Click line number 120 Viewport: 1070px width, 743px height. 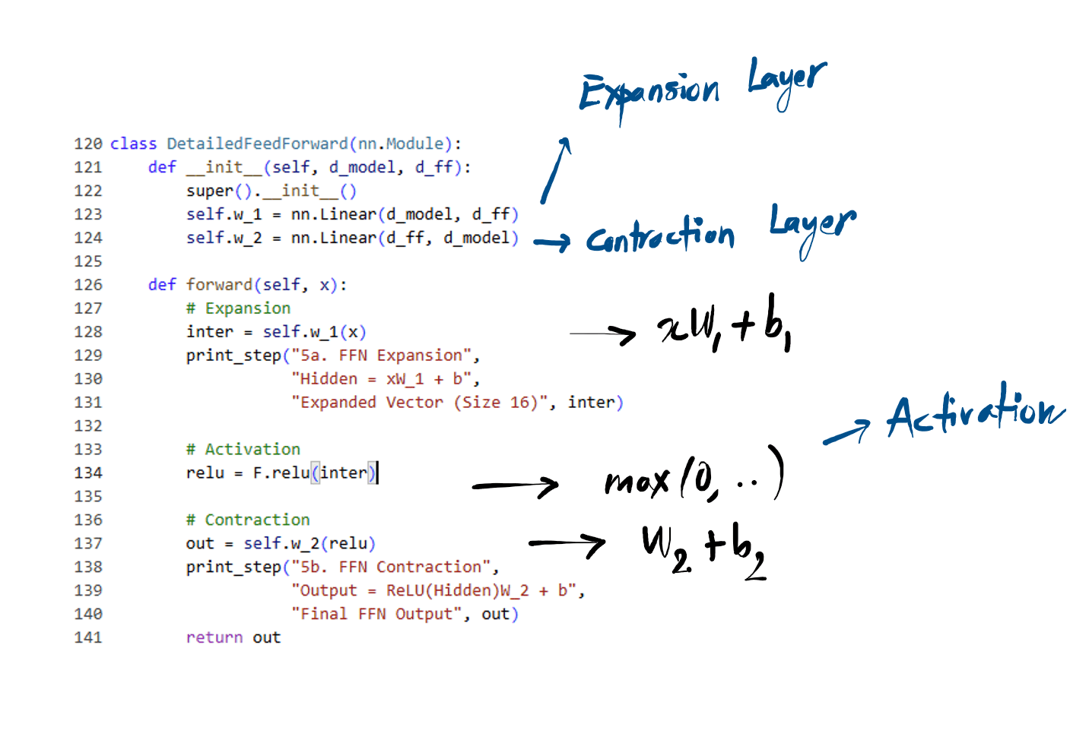point(87,144)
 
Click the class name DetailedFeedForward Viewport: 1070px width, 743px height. point(257,144)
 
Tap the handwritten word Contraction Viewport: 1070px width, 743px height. point(660,236)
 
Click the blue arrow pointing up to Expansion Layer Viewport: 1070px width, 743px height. point(556,170)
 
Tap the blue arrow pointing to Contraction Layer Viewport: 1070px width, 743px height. point(552,242)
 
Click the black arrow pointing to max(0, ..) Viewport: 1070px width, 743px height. point(516,485)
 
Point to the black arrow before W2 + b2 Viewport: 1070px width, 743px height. point(567,543)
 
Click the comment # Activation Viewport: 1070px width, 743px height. point(243,449)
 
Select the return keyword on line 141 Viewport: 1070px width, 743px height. point(214,637)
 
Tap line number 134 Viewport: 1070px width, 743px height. point(87,473)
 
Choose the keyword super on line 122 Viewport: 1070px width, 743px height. point(210,191)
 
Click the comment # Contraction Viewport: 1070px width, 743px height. point(248,520)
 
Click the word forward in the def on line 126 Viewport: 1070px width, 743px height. point(220,285)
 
